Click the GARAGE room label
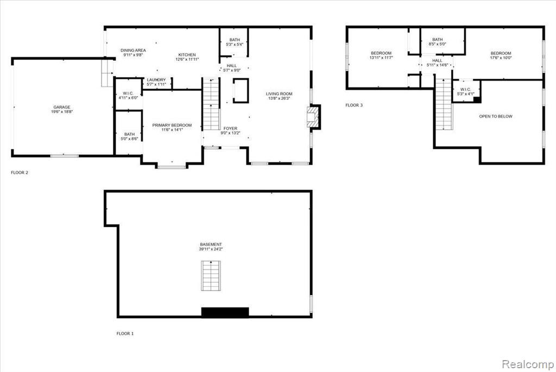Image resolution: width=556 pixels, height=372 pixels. (x=62, y=107)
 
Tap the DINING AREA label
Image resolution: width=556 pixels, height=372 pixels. (x=133, y=51)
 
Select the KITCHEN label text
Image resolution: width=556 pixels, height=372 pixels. (x=187, y=55)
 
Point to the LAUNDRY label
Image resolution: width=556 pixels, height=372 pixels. (x=156, y=80)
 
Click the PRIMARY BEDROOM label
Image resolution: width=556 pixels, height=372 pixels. (x=172, y=125)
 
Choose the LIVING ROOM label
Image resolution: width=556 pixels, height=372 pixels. (x=279, y=93)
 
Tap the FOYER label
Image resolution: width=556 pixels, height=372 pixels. (x=230, y=128)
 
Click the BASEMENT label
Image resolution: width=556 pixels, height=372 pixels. (x=211, y=244)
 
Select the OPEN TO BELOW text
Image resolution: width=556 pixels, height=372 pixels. (x=496, y=116)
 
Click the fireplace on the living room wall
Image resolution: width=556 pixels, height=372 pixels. (x=314, y=117)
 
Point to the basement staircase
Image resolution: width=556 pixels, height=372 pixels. (x=211, y=276)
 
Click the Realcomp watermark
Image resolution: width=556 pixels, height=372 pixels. (x=528, y=364)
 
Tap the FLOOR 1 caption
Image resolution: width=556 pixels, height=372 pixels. (x=125, y=333)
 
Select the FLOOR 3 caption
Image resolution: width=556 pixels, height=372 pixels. (x=354, y=105)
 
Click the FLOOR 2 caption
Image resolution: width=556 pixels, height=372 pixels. (x=20, y=173)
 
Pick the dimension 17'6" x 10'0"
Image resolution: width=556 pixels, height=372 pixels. (x=501, y=58)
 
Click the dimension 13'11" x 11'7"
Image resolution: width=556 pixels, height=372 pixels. (x=381, y=58)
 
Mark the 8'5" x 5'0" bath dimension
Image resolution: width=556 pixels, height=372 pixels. (x=438, y=44)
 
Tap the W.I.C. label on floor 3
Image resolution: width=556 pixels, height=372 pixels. (x=465, y=90)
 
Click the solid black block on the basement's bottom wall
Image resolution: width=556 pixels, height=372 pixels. (x=225, y=312)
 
